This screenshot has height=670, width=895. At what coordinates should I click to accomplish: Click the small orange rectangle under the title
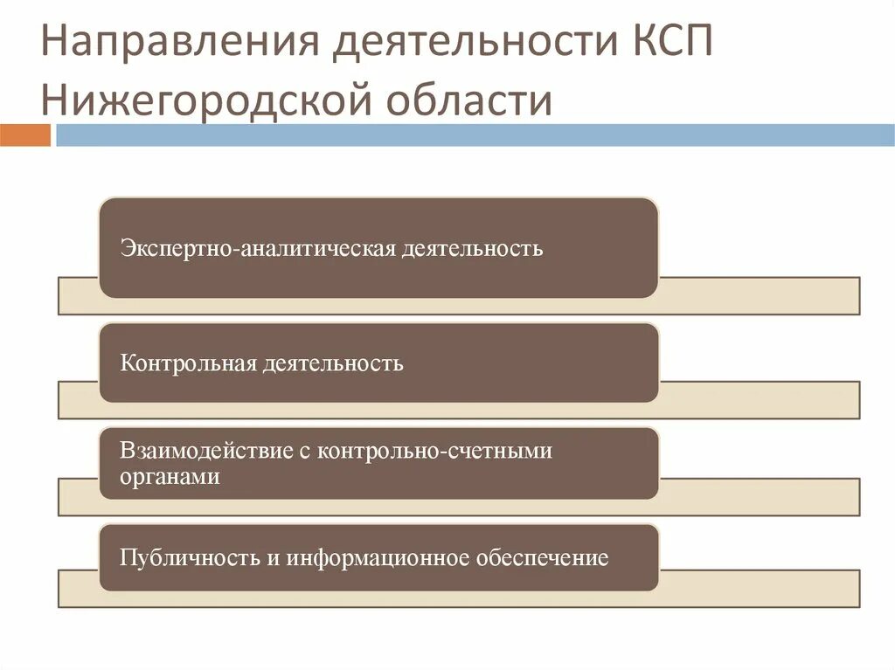point(24,135)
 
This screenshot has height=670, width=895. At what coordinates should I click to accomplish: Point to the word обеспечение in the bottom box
point(542,557)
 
